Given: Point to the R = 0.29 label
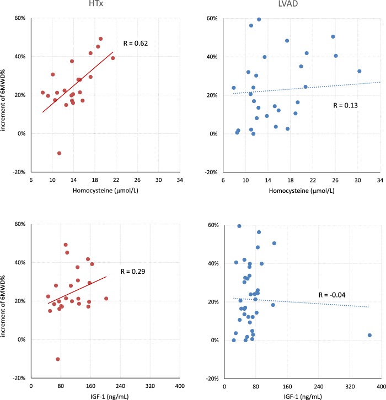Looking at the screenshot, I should click(132, 272).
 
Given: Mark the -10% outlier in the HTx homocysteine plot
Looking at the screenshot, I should click(59, 153).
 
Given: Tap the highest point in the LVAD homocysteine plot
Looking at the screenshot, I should click(259, 19).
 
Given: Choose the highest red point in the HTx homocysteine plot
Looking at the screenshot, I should click(100, 39).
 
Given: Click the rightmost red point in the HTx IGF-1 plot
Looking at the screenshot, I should click(106, 299).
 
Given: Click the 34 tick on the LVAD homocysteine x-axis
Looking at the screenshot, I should click(379, 180).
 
